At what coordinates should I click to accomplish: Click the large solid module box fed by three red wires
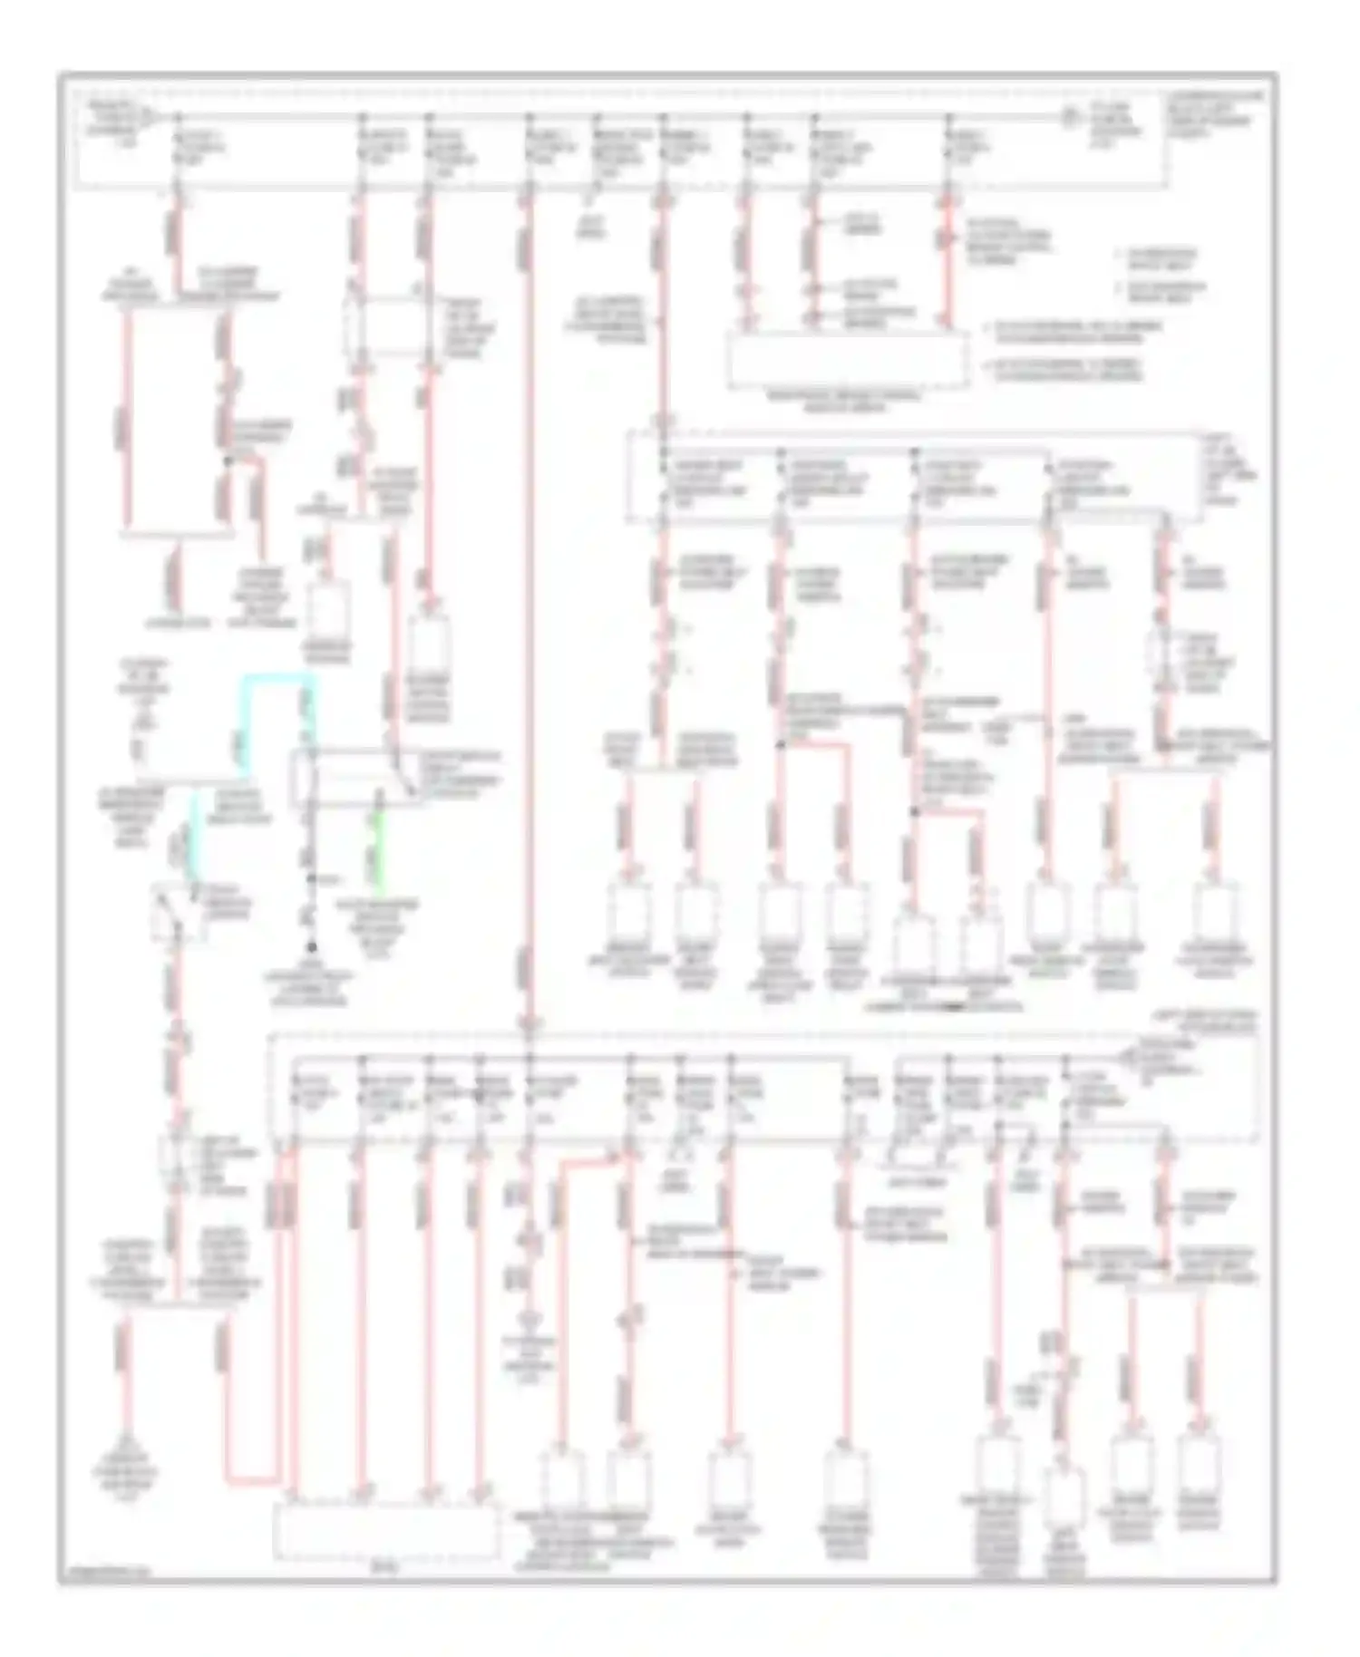846,361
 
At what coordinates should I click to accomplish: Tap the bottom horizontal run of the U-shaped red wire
251,1481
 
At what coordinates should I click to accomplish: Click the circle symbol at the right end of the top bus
1070,117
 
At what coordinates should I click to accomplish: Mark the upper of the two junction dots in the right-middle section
779,745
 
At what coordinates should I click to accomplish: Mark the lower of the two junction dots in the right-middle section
914,813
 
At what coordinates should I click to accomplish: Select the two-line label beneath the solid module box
846,402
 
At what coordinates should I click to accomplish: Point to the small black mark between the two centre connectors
952,1006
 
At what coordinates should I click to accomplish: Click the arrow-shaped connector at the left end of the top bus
155,116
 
